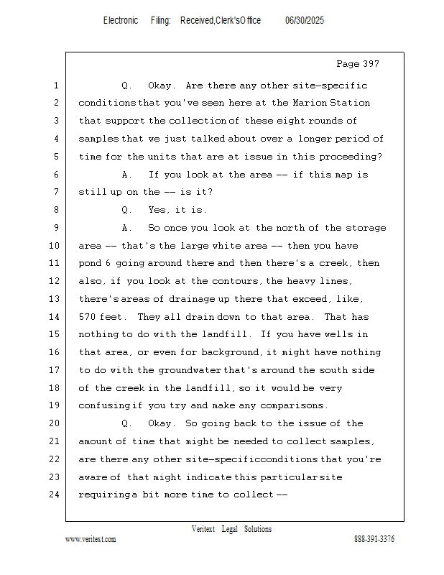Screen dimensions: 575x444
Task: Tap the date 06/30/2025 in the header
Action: click(x=305, y=21)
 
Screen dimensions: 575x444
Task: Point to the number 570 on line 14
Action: click(x=88, y=317)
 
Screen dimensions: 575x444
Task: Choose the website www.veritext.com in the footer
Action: click(x=91, y=540)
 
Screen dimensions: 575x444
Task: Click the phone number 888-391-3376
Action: click(x=374, y=540)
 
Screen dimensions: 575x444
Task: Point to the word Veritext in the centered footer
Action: click(x=203, y=530)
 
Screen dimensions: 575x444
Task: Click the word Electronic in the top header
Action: click(x=121, y=21)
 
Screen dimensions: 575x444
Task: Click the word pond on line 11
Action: click(x=91, y=264)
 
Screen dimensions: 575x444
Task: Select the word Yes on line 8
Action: click(x=157, y=211)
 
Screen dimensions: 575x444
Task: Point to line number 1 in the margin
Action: click(x=55, y=86)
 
